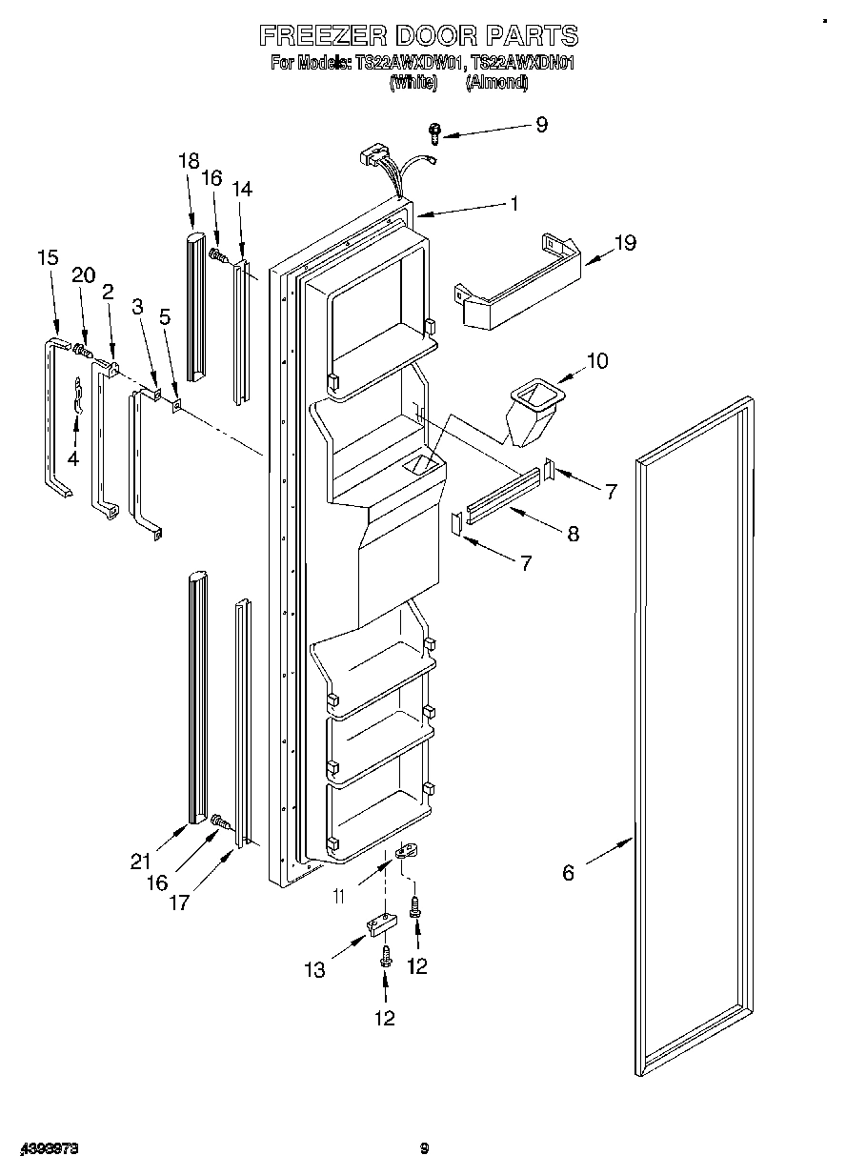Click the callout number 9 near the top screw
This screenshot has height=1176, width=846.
[x=541, y=124]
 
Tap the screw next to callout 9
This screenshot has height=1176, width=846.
[x=434, y=132]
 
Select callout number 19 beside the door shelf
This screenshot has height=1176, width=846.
[x=625, y=243]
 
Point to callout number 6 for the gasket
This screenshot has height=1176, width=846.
[x=569, y=872]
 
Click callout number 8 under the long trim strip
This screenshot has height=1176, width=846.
[x=573, y=534]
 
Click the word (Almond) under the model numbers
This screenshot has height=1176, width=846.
[x=496, y=83]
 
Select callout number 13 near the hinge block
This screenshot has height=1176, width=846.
[x=315, y=970]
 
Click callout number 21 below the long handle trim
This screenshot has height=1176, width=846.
[x=141, y=861]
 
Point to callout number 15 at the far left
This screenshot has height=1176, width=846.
[x=48, y=257]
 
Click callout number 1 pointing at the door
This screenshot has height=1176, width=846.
[x=514, y=203]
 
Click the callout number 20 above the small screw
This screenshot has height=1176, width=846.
[x=84, y=275]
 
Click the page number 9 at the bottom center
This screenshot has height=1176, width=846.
[x=425, y=1150]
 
